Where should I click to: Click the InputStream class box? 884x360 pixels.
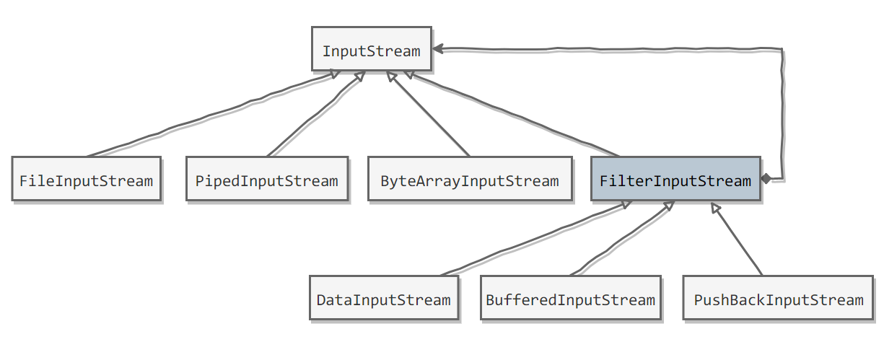tap(372, 49)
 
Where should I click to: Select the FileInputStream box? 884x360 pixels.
tap(87, 179)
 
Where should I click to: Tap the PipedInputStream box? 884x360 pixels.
tap(267, 179)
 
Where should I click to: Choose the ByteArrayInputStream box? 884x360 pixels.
tap(470, 179)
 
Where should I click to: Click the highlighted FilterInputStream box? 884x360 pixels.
tap(675, 179)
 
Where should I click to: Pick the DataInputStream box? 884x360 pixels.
tap(384, 298)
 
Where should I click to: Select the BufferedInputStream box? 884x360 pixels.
tap(571, 298)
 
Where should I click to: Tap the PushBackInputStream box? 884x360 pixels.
tap(778, 298)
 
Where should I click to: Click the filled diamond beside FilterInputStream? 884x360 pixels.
tap(766, 179)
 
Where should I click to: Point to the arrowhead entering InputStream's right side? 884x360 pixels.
tap(438, 49)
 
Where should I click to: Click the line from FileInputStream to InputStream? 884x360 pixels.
tap(213, 114)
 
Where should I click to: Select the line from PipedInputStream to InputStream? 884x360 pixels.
tap(316, 114)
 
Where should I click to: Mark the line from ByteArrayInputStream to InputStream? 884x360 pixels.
tap(428, 114)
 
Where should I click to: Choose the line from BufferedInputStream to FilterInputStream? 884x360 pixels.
tap(622, 238)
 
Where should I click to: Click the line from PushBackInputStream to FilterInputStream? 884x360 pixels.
tap(737, 239)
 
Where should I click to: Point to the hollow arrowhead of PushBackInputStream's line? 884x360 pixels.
tap(715, 208)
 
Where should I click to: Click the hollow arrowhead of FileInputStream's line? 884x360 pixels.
tap(335, 74)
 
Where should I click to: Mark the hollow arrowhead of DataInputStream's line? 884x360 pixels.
tap(626, 203)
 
